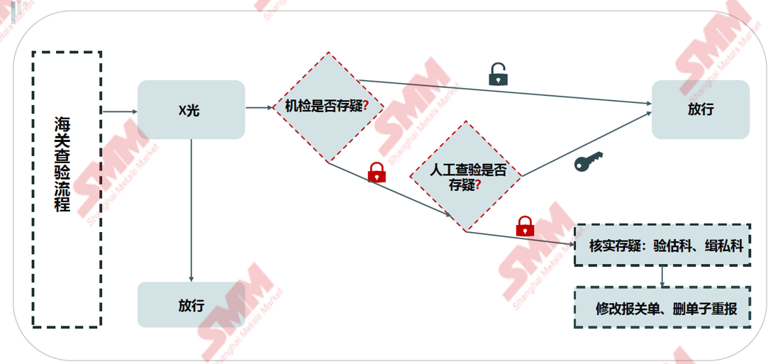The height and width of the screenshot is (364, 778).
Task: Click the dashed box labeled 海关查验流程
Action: coord(67,189)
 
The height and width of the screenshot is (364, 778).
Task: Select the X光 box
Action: coord(191,109)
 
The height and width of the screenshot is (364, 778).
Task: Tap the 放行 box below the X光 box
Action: coord(191,305)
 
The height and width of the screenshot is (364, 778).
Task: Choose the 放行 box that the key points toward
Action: coord(700,109)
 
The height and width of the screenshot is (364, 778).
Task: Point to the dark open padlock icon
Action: coord(499,75)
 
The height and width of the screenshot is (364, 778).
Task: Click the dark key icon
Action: coord(588,162)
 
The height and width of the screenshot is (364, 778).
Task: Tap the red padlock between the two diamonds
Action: coord(377,172)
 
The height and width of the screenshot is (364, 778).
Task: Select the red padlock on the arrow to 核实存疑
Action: coord(525,226)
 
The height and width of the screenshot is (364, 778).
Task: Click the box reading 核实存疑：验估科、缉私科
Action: coord(662,246)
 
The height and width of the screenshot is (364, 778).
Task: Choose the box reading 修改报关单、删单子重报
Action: coord(662,308)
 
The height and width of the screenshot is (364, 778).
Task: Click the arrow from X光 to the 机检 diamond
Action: coord(260,108)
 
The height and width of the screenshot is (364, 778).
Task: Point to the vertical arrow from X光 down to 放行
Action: coord(191,213)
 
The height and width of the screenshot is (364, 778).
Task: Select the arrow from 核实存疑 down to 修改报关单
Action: coord(662,277)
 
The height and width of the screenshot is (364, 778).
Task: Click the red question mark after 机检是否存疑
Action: coord(365,106)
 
